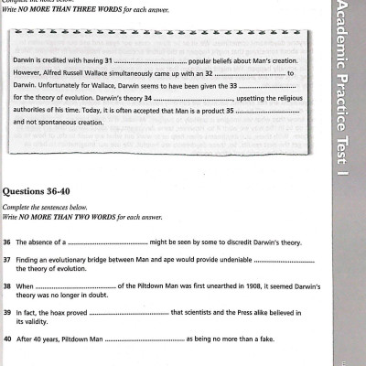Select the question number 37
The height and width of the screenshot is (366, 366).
[x=6, y=261]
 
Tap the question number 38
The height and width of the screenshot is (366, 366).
[x=6, y=286]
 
